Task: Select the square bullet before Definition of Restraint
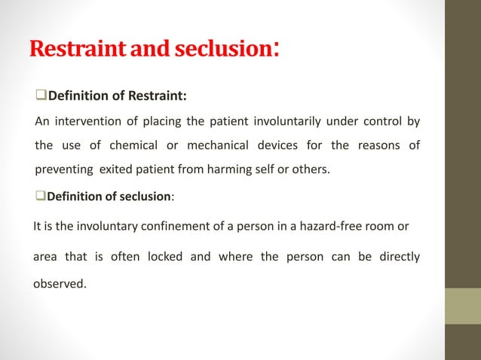pos(41,96)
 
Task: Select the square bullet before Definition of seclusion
pos(41,196)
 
